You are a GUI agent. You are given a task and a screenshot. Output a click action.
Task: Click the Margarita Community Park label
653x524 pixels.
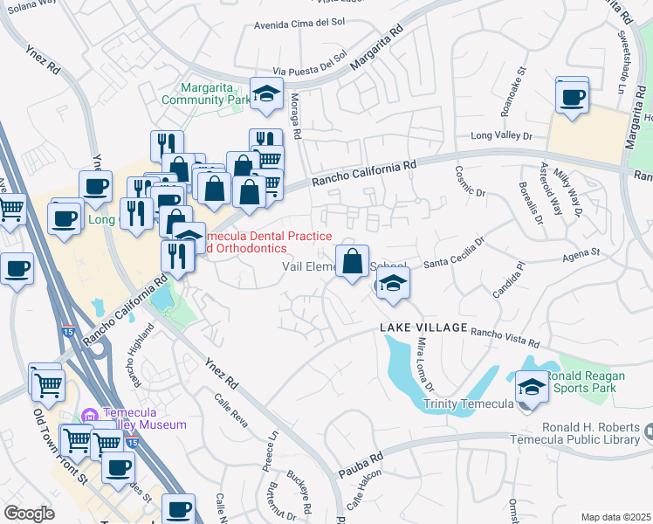(x=216, y=93)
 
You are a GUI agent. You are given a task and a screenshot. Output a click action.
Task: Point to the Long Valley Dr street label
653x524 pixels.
(x=501, y=135)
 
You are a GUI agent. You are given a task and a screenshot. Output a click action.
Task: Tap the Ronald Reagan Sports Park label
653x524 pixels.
(x=581, y=381)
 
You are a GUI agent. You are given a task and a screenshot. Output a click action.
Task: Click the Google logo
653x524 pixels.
(x=29, y=513)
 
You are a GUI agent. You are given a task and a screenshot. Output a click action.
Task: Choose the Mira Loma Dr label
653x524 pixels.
(x=426, y=364)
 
